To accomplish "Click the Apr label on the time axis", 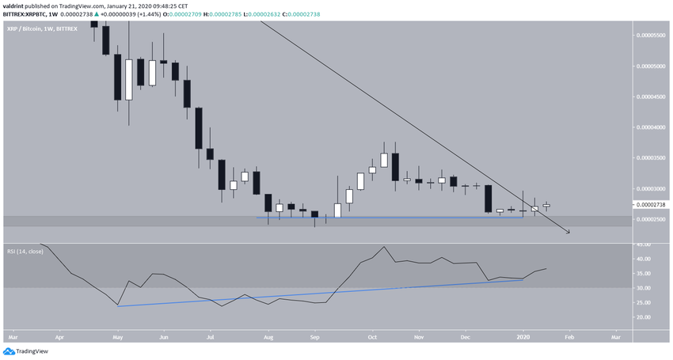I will pos(59,336).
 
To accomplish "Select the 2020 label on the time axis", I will pos(522,336).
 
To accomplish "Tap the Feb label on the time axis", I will pos(568,336).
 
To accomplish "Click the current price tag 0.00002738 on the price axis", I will pos(651,204).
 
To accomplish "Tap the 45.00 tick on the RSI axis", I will pos(644,244).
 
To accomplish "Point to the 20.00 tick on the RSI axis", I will pos(644,317).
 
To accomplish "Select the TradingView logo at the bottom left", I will pos(27,352).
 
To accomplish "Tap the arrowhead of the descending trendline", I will pos(568,232).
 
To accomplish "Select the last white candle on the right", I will pos(546,205).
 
